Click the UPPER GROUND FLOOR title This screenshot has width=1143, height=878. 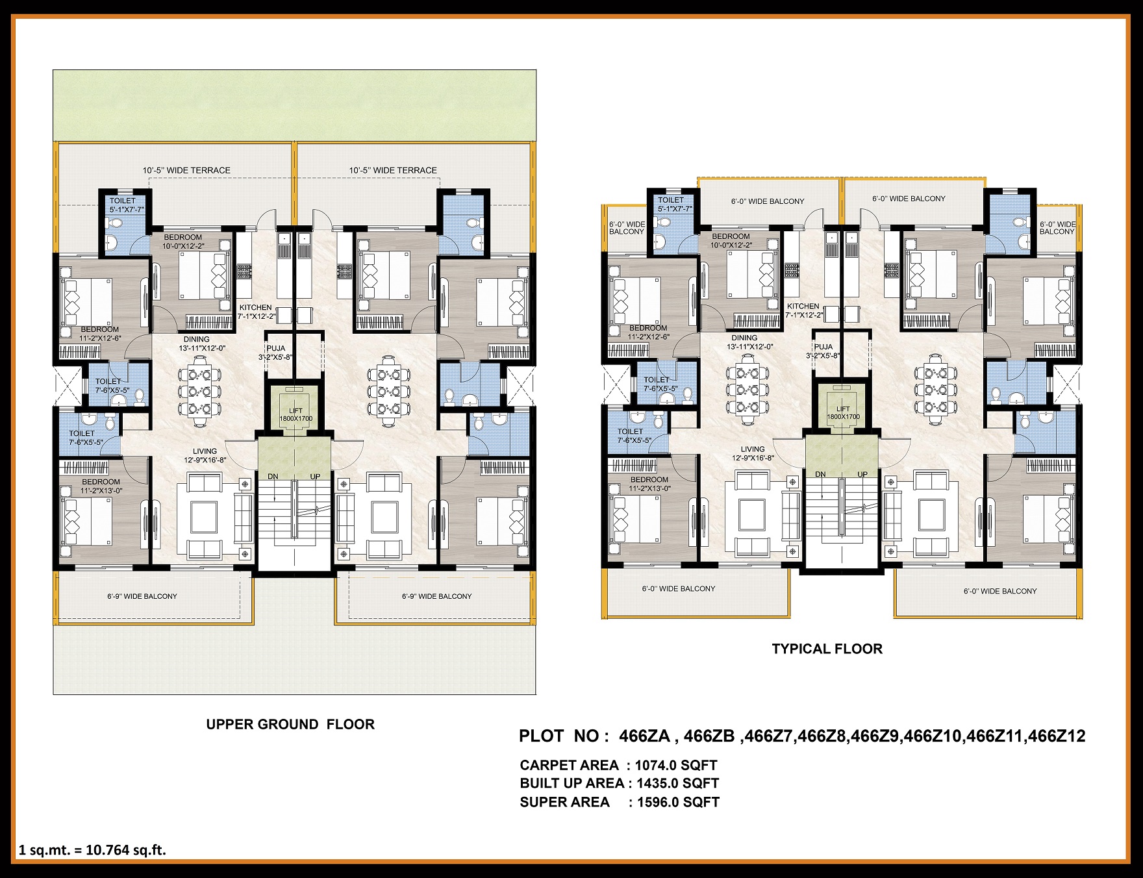point(290,724)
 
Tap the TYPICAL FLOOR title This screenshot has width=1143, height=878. point(827,649)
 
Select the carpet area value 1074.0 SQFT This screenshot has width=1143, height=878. point(676,765)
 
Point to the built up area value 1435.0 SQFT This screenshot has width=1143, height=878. point(677,783)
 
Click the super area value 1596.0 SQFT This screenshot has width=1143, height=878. point(678,802)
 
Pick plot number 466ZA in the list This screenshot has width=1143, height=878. point(644,736)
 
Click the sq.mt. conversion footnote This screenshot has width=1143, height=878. point(92,850)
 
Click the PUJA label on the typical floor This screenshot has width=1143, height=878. point(823,347)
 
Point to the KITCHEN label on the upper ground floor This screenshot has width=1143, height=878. point(255,308)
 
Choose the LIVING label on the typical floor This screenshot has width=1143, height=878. point(753,449)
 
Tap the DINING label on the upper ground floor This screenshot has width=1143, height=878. point(196,339)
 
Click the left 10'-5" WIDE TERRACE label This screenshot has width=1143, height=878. point(186,170)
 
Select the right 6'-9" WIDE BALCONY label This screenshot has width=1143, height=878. point(436,596)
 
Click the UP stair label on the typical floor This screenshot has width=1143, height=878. point(862,474)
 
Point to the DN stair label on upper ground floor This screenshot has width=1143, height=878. point(273,477)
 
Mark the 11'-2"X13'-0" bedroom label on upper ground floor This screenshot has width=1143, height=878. point(101,491)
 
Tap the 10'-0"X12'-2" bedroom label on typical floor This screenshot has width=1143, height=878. point(731,245)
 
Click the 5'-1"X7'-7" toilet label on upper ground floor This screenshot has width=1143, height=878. point(127,210)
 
